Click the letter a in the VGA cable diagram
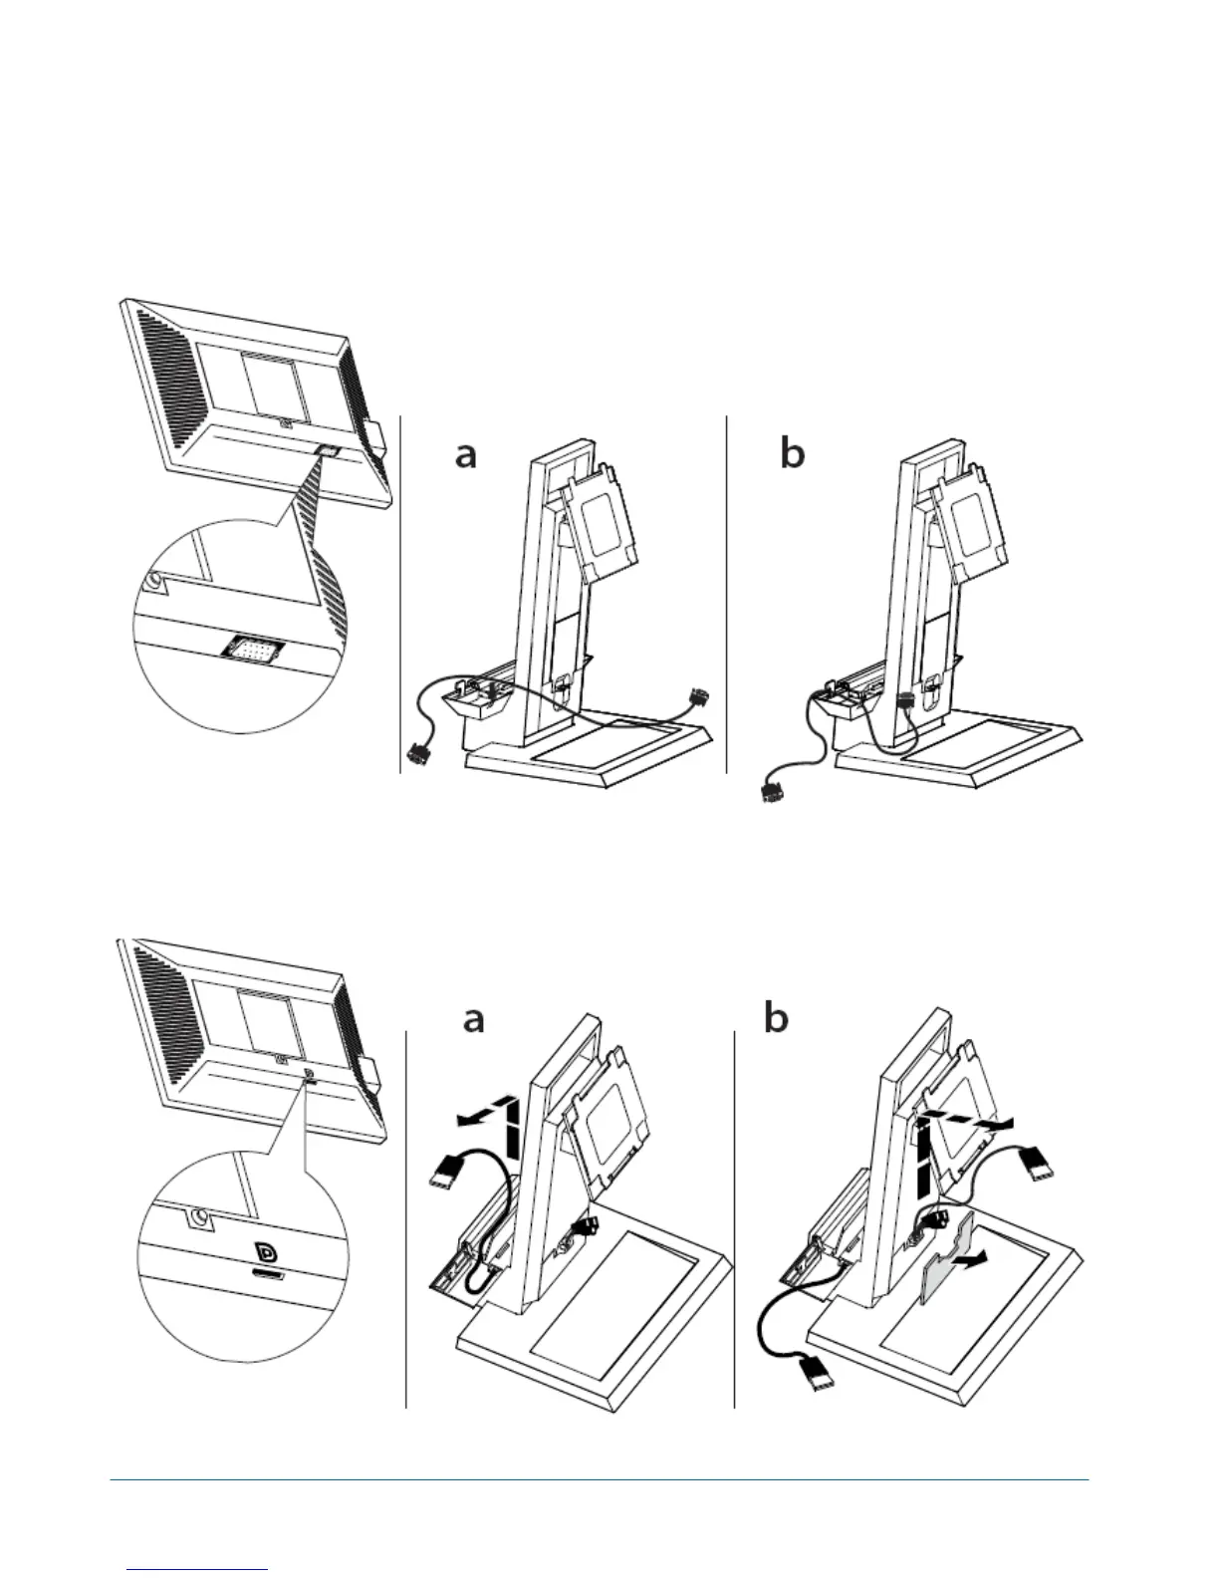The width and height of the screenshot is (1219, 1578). (x=465, y=455)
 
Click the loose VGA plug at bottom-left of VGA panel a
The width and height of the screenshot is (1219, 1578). (x=419, y=757)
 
